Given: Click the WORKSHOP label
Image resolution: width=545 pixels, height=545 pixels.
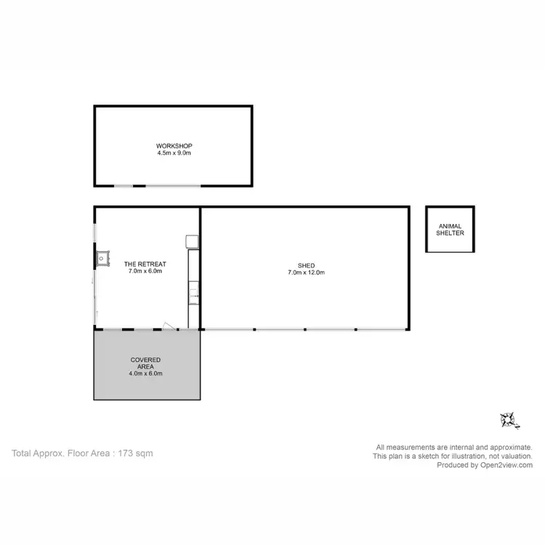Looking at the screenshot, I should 174,145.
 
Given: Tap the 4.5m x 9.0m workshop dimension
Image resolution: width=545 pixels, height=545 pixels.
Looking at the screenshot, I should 174,153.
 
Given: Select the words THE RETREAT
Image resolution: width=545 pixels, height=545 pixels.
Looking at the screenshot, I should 145,264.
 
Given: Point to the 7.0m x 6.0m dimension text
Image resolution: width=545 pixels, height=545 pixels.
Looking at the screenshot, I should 145,272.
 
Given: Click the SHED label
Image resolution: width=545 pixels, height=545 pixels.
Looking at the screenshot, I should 305,265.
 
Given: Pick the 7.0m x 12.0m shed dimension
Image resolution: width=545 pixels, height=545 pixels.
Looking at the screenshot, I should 305,272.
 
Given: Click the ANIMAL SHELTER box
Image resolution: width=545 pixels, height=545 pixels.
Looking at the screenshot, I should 450,230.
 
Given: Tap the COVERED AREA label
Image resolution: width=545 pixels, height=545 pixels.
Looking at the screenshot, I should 145,363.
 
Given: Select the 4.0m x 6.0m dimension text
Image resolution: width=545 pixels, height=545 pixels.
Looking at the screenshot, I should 145,374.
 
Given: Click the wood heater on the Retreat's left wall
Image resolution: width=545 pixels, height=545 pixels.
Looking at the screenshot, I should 101,256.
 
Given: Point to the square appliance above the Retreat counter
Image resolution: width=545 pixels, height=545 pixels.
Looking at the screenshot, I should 192,241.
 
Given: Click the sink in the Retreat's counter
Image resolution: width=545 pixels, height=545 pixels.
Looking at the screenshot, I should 193,294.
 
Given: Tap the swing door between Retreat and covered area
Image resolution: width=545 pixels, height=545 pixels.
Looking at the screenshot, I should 168,326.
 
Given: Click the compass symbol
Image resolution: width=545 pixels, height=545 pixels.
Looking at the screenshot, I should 507,419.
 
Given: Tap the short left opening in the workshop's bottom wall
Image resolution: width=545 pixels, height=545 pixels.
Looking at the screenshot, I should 124,186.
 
